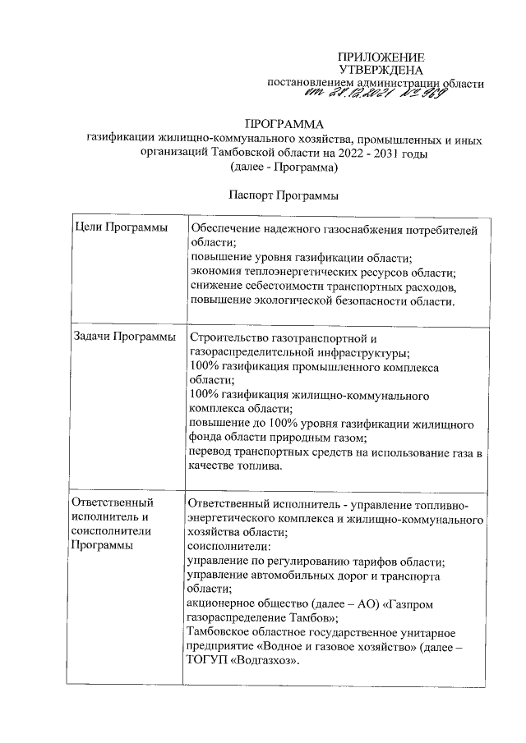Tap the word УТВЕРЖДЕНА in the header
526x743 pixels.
coord(381,70)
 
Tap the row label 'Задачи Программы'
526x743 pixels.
coord(124,337)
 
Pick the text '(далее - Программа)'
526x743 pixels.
coord(284,167)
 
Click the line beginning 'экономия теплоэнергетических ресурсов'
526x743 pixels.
coord(322,272)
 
